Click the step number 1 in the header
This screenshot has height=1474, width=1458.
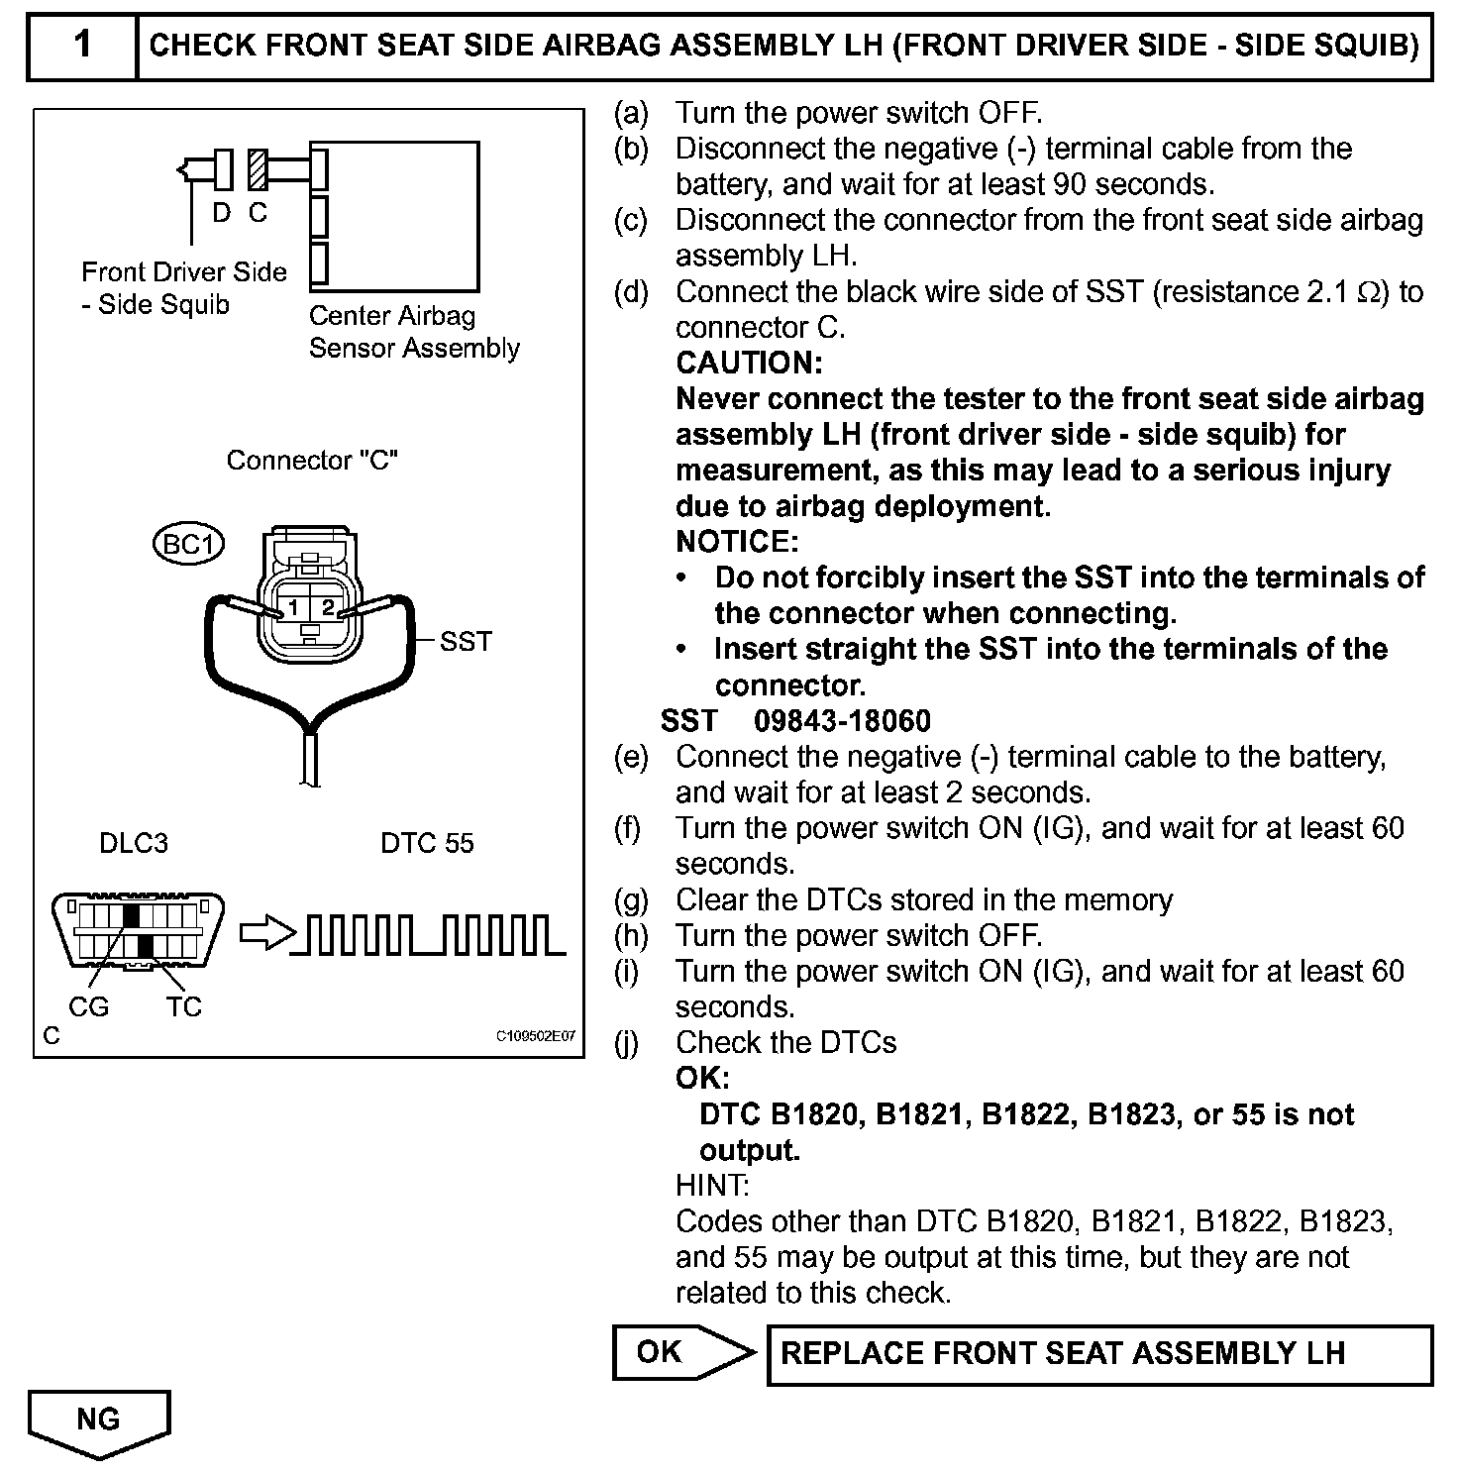coord(82,46)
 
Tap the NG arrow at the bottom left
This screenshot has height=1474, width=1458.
coord(99,1421)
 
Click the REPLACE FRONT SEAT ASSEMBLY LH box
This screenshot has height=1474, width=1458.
coord(1098,1354)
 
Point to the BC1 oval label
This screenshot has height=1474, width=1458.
coord(188,544)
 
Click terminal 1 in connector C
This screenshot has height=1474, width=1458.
coord(293,607)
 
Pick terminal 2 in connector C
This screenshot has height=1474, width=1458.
coord(328,607)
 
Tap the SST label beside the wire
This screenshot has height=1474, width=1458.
coord(466,642)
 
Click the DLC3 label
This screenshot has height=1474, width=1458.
coord(134,843)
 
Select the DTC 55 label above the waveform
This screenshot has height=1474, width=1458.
coord(427,843)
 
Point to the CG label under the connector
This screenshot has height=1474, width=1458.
coord(88,1006)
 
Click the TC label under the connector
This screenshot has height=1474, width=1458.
coord(183,1006)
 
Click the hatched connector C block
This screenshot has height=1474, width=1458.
coord(258,169)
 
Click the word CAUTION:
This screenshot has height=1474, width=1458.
coord(749,363)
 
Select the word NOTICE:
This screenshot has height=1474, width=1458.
coord(737,541)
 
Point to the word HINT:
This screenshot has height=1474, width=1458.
coord(712,1185)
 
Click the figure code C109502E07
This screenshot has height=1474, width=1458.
coord(535,1036)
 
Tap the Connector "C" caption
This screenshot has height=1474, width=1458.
coord(312,461)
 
